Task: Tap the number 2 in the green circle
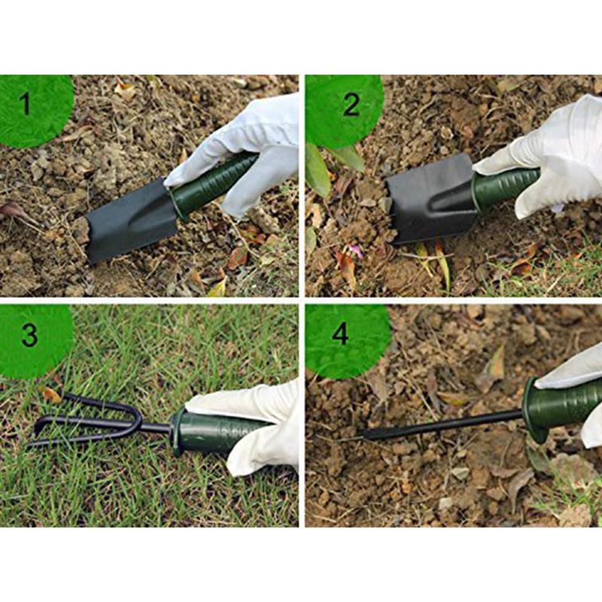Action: pyautogui.click(x=351, y=105)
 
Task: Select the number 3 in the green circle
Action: pyautogui.click(x=29, y=335)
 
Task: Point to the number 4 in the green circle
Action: pyautogui.click(x=340, y=333)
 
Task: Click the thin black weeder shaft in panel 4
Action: pyautogui.click(x=451, y=424)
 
